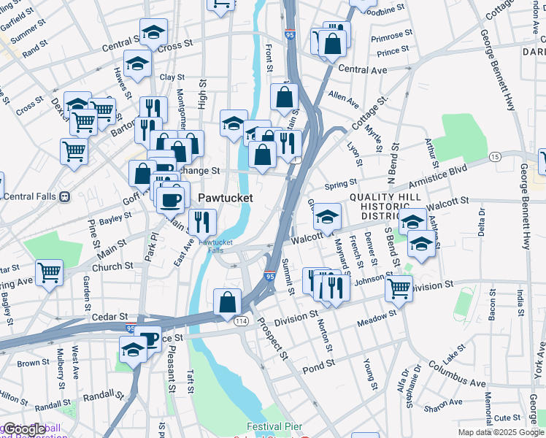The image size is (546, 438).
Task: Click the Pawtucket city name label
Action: point(226,198)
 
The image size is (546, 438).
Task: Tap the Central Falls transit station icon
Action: point(65,196)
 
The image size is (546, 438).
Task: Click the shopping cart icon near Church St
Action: point(49,273)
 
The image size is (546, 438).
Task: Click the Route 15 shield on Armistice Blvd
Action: point(495,157)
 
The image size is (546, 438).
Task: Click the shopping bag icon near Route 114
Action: point(228,300)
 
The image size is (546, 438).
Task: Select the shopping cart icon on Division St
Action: point(399,287)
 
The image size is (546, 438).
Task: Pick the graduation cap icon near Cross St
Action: point(153,31)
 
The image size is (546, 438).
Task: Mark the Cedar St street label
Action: point(110,316)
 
